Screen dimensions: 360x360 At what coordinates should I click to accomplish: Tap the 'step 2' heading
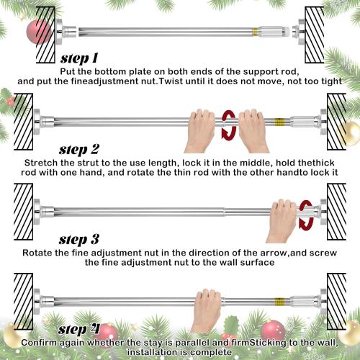(89, 150)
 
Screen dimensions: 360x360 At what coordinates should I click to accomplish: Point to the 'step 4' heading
(81, 330)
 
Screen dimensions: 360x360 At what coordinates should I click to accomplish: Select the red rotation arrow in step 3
(305, 214)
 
